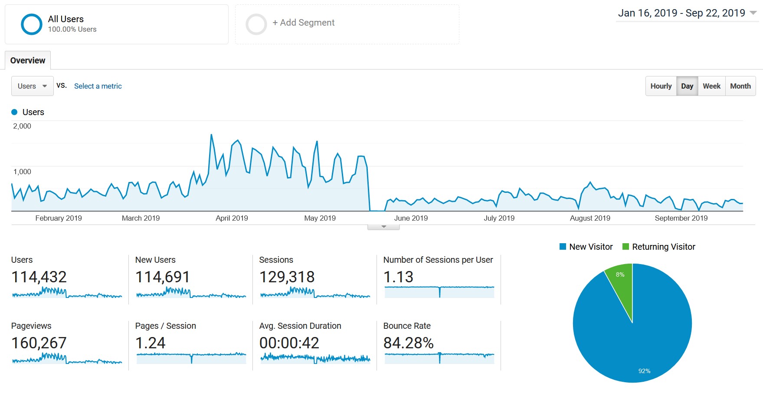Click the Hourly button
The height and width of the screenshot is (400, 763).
click(661, 86)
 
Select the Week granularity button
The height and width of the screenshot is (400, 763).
click(711, 86)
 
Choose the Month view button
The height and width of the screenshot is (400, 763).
click(740, 86)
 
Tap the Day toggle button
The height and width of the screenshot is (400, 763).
click(687, 86)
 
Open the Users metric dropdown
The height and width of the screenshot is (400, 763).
click(32, 86)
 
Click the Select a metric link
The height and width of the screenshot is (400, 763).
click(98, 86)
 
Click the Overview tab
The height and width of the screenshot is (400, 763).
click(28, 60)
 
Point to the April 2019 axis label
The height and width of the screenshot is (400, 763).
click(232, 218)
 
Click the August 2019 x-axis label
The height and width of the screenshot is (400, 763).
click(590, 218)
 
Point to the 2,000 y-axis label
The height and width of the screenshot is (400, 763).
click(22, 126)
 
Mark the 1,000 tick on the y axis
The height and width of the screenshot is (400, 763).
click(22, 172)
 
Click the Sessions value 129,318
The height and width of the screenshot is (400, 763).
click(287, 277)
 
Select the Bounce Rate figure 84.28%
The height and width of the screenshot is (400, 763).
click(408, 343)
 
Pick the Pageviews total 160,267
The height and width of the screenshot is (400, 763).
click(39, 343)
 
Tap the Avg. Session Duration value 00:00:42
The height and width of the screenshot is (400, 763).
click(289, 343)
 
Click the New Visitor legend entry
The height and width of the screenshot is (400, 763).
click(586, 247)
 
